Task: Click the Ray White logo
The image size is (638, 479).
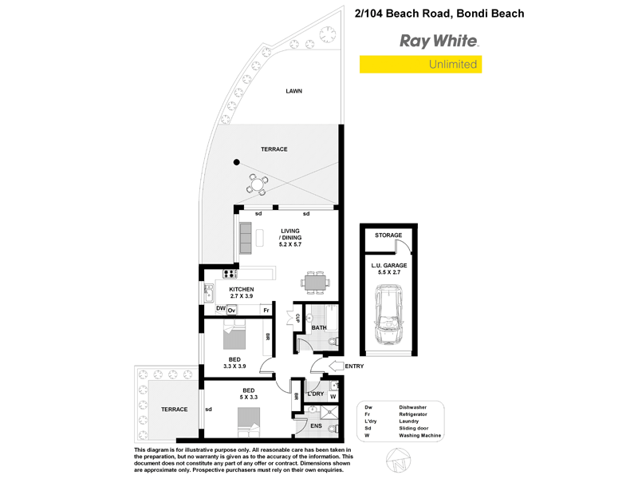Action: click(439, 42)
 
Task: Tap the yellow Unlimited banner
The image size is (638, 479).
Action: click(420, 65)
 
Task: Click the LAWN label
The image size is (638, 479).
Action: click(293, 91)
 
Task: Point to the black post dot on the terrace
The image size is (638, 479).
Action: click(236, 162)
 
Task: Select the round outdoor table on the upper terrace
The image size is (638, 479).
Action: click(257, 184)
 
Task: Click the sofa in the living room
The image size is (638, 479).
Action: click(246, 238)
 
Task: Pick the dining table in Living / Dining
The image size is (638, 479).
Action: click(315, 282)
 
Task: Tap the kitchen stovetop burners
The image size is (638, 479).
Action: click(230, 274)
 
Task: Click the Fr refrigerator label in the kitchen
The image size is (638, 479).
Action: click(266, 311)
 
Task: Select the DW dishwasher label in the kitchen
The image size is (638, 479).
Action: click(221, 308)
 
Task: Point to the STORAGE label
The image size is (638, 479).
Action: click(388, 235)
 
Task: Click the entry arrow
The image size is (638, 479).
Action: click(336, 366)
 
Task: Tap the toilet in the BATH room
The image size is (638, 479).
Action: click(333, 342)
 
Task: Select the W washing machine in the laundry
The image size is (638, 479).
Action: click(333, 396)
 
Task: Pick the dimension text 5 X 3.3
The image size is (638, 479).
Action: click(249, 397)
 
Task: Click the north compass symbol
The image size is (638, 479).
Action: click(398, 461)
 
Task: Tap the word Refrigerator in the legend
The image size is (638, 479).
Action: click(413, 414)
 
